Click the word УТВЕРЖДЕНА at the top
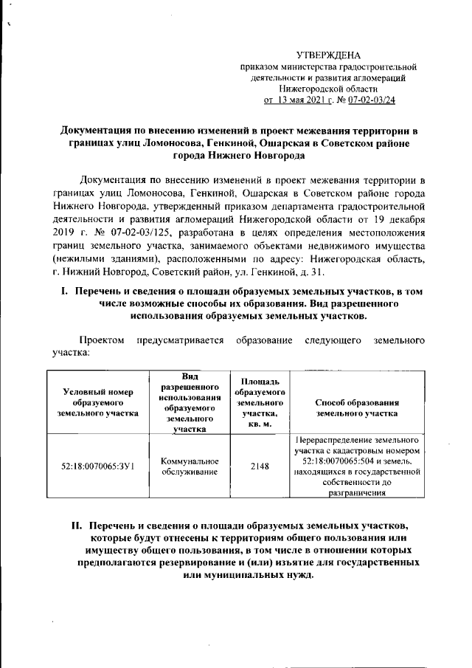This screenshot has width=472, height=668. [329, 55]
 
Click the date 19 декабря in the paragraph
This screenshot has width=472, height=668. [398, 220]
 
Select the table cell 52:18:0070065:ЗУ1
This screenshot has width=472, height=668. [98, 466]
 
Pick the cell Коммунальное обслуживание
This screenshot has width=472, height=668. [190, 466]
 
